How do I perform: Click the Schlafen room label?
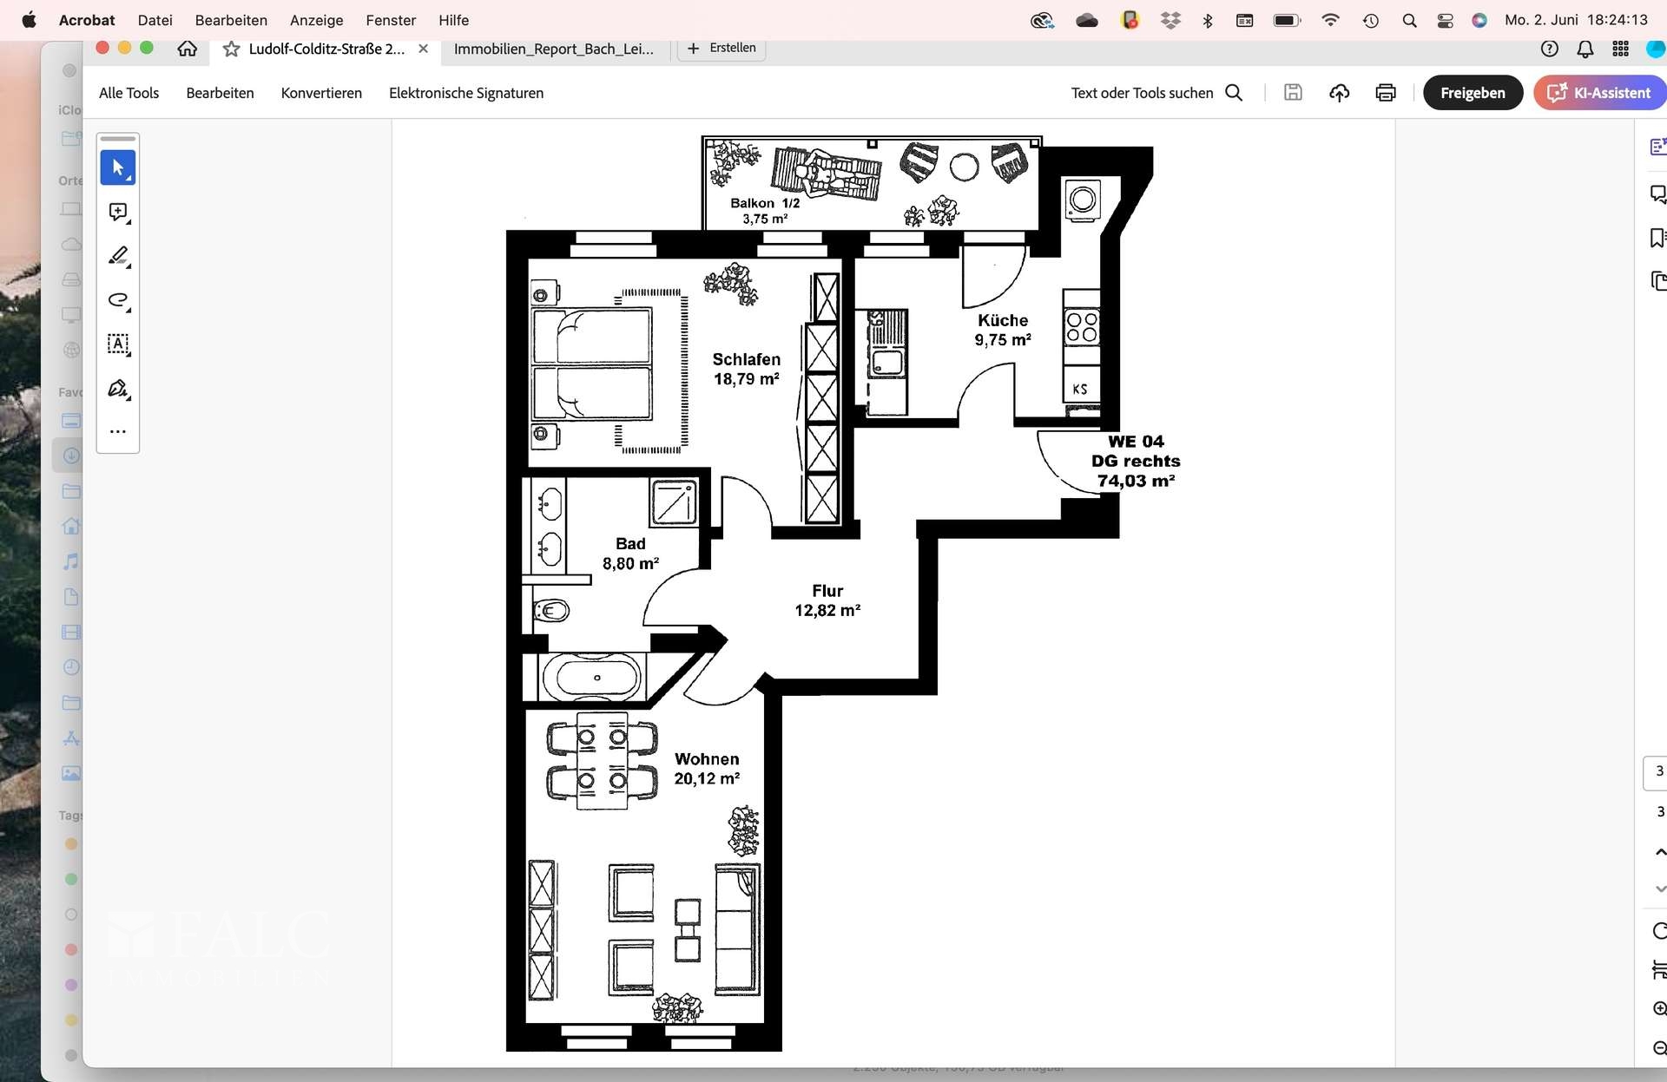pyautogui.click(x=746, y=359)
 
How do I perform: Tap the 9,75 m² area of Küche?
pyautogui.click(x=1002, y=340)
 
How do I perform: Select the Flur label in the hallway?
pyautogui.click(x=827, y=591)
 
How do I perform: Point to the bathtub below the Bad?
pyautogui.click(x=596, y=677)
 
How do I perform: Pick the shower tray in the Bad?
pyautogui.click(x=674, y=502)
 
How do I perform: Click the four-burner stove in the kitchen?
pyautogui.click(x=1082, y=327)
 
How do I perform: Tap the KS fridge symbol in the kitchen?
pyautogui.click(x=1080, y=389)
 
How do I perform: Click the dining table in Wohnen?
pyautogui.click(x=602, y=761)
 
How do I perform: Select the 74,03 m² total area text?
pyautogui.click(x=1135, y=481)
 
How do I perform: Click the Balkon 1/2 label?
pyautogui.click(x=764, y=203)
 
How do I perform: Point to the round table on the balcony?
pyautogui.click(x=964, y=167)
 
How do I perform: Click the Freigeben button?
pyautogui.click(x=1472, y=93)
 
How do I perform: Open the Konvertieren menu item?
pyautogui.click(x=321, y=93)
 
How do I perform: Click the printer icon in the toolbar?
pyautogui.click(x=1385, y=93)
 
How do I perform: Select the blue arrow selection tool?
pyautogui.click(x=118, y=167)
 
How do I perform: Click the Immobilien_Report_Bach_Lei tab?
pyautogui.click(x=553, y=49)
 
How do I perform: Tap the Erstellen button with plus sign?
pyautogui.click(x=721, y=49)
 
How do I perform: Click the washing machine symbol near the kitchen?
pyautogui.click(x=1082, y=200)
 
